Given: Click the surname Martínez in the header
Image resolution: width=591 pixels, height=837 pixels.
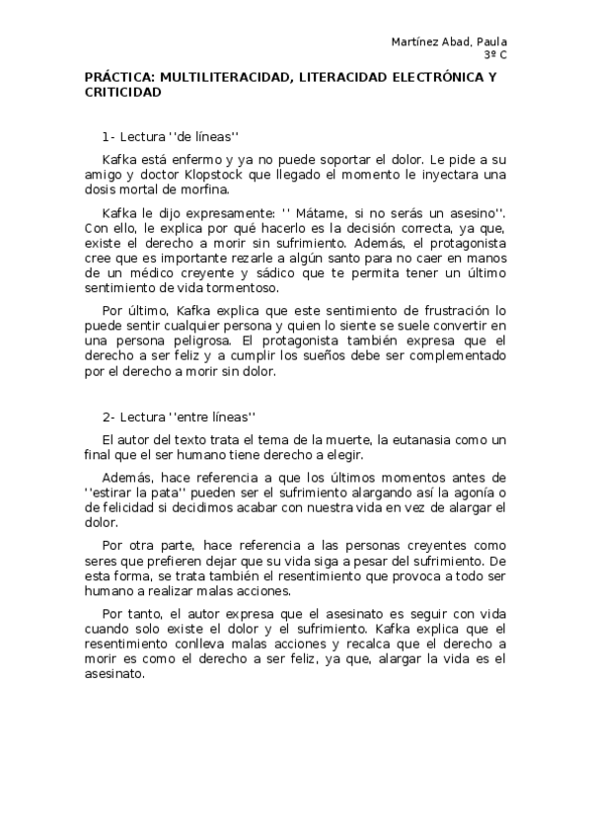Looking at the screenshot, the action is (415, 41).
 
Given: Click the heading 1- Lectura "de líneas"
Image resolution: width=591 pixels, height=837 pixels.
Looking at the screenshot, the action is (172, 135).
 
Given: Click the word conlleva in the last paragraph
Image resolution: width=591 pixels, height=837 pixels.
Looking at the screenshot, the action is (174, 645).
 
